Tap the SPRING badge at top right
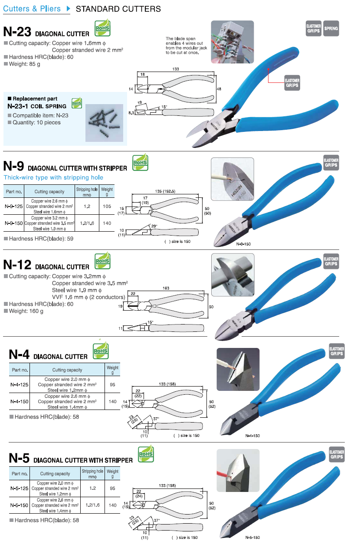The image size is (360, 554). [x=331, y=29]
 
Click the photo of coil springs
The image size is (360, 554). [x=104, y=123]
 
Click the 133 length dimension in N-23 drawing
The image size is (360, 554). [x=175, y=69]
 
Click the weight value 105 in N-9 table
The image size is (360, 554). [x=107, y=207]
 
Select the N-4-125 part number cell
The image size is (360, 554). [x=20, y=384]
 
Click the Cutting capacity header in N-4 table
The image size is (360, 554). [x=67, y=370]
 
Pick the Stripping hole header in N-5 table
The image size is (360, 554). [x=92, y=473]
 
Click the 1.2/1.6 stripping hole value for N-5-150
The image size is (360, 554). [x=92, y=505]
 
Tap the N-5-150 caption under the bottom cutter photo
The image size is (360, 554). [x=252, y=538]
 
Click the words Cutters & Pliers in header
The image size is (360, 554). [x=33, y=9]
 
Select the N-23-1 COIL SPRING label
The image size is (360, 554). [x=37, y=106]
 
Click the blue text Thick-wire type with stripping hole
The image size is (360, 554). [x=53, y=177]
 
